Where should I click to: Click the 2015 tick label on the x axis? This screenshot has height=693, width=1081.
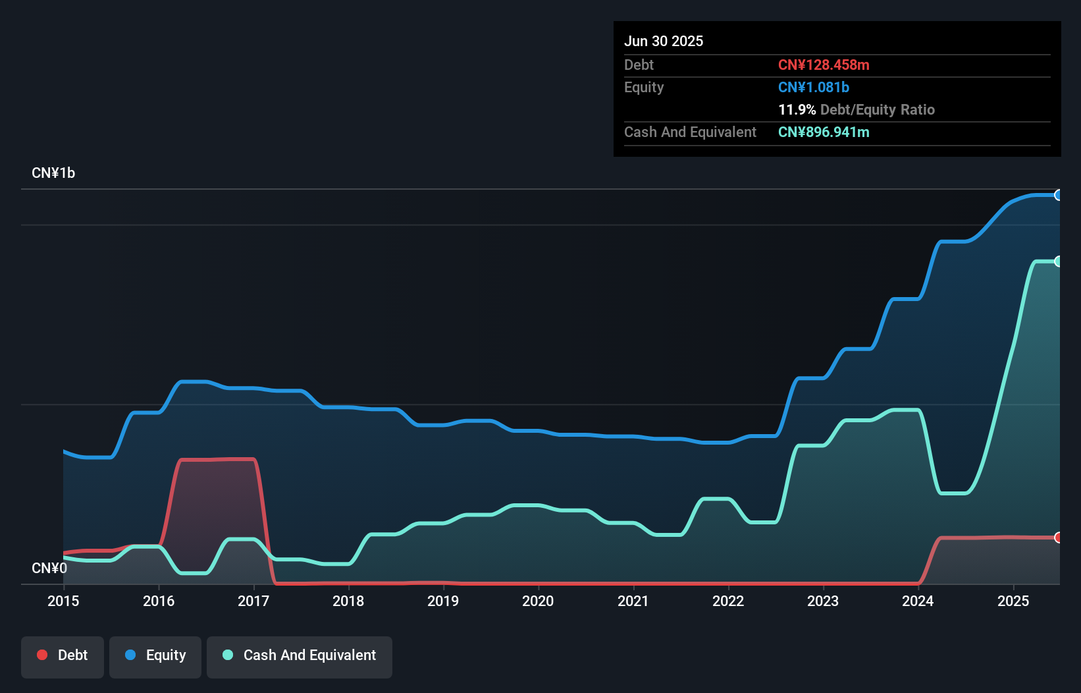click(63, 601)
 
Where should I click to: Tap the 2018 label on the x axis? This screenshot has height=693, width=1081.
click(348, 601)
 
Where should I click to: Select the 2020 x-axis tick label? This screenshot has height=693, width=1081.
click(538, 601)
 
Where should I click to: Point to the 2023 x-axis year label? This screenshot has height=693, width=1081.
click(823, 601)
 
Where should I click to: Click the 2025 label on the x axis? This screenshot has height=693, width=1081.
click(1013, 601)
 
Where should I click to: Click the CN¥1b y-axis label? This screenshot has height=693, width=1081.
click(53, 173)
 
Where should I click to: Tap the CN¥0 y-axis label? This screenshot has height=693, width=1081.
click(49, 568)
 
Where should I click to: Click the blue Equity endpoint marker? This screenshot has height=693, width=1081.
click(1059, 195)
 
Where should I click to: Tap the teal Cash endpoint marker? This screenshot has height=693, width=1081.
click(1059, 262)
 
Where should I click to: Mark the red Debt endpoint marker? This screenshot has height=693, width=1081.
click(1059, 538)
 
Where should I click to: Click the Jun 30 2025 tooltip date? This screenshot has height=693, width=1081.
click(664, 41)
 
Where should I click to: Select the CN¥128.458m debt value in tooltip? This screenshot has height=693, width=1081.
click(824, 65)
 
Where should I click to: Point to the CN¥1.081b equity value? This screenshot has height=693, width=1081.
click(814, 87)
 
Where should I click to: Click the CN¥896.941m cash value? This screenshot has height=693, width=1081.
click(824, 132)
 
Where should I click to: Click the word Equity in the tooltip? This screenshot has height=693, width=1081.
click(644, 87)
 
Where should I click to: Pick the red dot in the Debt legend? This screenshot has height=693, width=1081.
click(42, 655)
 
